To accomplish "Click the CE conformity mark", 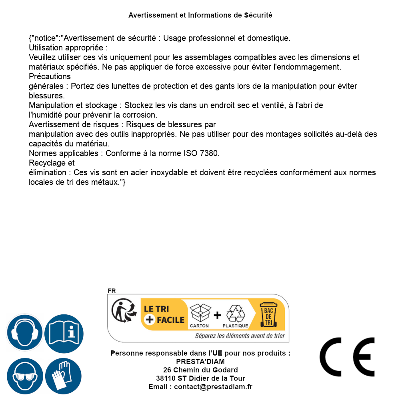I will [347, 357].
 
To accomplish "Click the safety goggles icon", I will [24, 376].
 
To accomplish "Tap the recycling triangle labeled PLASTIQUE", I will [235, 314].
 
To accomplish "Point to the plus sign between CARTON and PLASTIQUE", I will [217, 315].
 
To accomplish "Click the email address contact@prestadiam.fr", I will [213, 387].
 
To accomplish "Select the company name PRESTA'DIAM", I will [200, 362].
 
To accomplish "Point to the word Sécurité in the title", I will [258, 15].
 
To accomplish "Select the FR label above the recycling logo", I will [112, 291].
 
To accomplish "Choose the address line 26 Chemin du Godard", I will [200, 370].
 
